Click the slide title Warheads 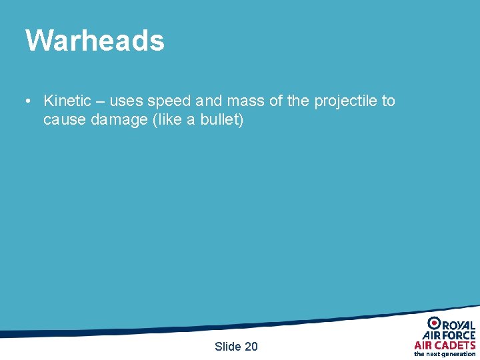95,40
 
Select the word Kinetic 67,101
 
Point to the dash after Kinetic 100,101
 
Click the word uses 126,101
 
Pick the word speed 169,101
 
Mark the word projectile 345,101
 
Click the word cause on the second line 65,121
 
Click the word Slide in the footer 227,346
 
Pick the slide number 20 251,346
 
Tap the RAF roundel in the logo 434,323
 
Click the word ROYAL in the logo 459,324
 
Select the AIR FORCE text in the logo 449,335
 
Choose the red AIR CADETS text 445,345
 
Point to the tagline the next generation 445,354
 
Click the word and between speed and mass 208,101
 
